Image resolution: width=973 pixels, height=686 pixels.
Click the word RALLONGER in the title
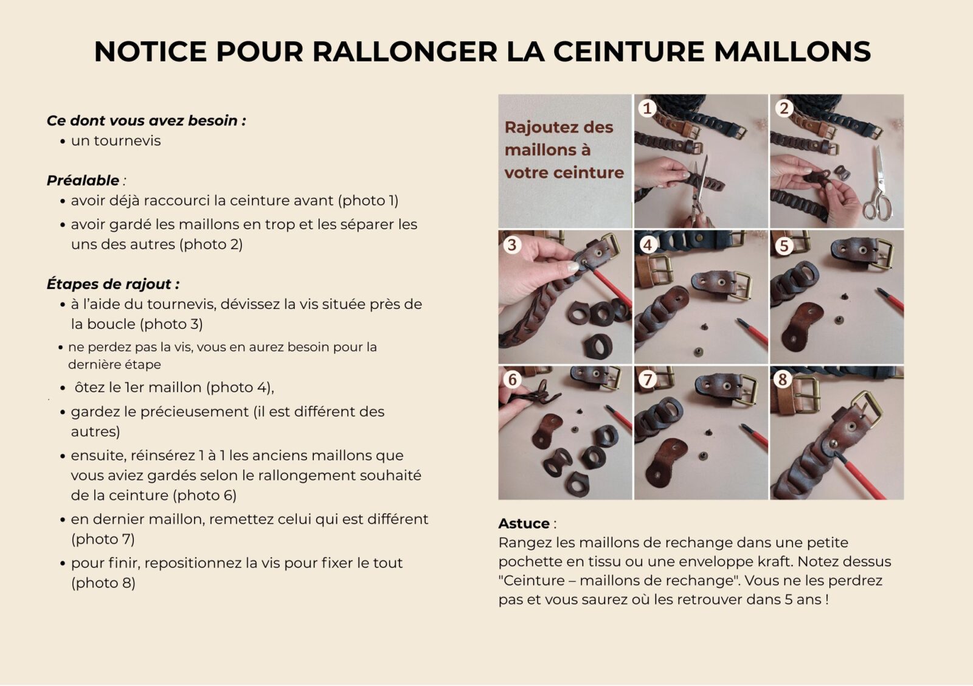click(404, 52)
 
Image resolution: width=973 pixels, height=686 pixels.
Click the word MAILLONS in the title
click(792, 52)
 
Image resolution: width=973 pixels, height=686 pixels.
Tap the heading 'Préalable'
click(83, 181)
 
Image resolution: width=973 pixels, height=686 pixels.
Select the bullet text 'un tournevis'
click(116, 140)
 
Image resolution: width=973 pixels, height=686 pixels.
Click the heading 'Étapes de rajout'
click(113, 284)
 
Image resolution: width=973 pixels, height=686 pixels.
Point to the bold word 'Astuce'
click(524, 524)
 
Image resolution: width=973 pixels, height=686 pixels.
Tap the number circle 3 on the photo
click(512, 244)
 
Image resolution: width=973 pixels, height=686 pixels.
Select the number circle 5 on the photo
click(784, 245)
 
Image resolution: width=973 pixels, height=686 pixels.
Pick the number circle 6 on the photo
click(512, 379)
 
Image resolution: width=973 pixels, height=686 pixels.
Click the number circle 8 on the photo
click(783, 379)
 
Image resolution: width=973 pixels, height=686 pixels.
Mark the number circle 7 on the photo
click(648, 379)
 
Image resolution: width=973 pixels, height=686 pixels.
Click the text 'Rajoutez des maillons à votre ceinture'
click(564, 150)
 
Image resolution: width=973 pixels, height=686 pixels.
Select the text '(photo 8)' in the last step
click(103, 583)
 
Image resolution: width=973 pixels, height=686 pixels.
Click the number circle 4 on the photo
click(648, 244)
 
